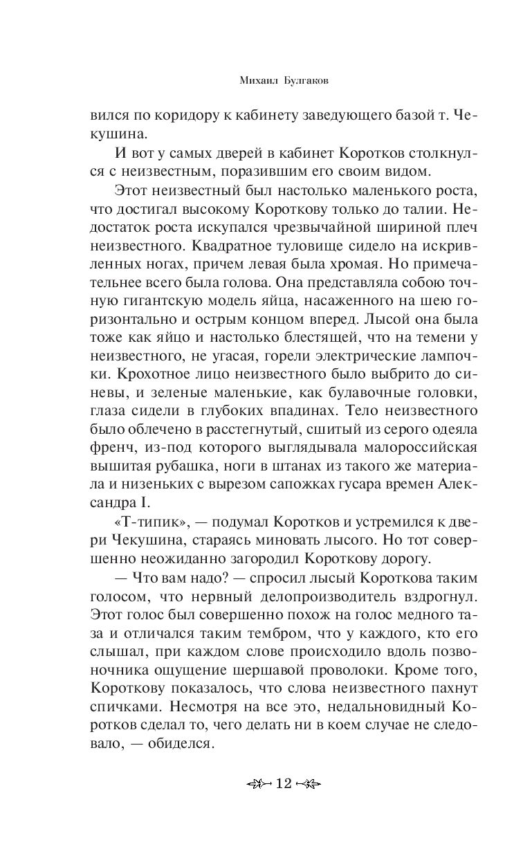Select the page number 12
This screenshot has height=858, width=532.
(284, 783)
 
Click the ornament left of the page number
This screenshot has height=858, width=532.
(257, 783)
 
